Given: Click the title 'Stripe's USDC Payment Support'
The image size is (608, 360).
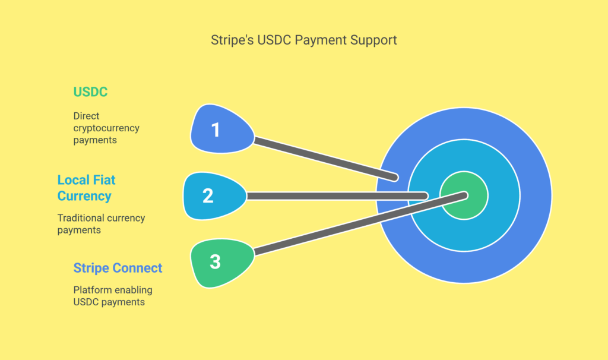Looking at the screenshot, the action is [x=303, y=40].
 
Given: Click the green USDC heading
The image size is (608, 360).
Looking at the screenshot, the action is [x=90, y=92].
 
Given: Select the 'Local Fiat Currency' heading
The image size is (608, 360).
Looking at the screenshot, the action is [x=87, y=188].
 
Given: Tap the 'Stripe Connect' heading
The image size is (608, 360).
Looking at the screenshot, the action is [x=118, y=268].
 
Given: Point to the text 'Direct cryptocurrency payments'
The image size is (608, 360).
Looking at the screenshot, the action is [x=106, y=128].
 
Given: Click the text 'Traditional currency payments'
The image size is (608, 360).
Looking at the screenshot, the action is [x=101, y=224].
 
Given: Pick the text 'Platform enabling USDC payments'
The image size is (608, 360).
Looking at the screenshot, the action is [x=113, y=296].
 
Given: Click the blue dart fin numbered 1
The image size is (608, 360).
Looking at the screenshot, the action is [x=222, y=129].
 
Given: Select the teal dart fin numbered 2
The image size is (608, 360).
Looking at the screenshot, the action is [x=214, y=196].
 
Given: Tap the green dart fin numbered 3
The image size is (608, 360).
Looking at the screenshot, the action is [x=222, y=263].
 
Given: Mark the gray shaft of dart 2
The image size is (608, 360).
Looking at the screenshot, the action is [x=337, y=196].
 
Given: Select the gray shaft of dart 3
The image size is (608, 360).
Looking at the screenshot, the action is [x=360, y=223].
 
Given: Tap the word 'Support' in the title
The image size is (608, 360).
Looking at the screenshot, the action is [x=373, y=40].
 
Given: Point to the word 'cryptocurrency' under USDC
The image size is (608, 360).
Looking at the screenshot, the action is [x=106, y=128].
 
